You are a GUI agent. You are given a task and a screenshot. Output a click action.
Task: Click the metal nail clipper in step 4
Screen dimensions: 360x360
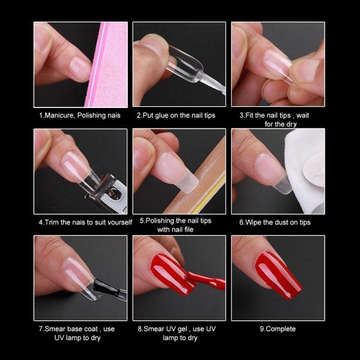click(x=108, y=192)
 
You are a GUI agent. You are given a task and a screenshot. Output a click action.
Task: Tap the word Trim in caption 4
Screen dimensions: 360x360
click(x=52, y=222)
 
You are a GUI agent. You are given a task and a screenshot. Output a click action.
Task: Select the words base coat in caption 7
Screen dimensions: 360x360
click(x=80, y=329)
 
